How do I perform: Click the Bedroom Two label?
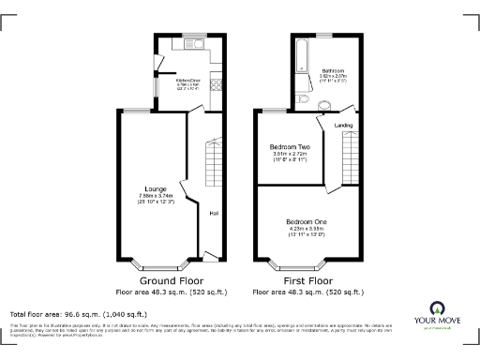coord(290,147)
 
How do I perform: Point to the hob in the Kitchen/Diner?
coord(216,83)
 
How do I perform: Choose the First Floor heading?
coord(307,280)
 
